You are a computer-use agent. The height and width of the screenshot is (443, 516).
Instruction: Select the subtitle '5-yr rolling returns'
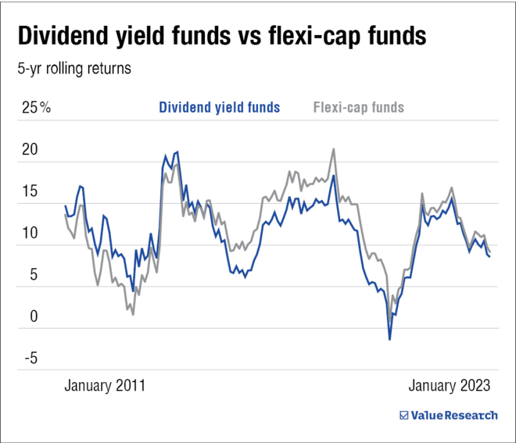[74, 68]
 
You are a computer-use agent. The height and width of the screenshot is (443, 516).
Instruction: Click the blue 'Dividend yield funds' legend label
[219, 107]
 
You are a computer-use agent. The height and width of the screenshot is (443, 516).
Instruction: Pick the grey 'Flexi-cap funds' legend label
[359, 107]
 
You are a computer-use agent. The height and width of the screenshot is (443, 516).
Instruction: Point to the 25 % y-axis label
[36, 108]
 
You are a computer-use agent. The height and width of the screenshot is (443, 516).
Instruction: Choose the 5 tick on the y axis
[33, 275]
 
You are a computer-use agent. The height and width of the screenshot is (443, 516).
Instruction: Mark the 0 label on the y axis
[33, 317]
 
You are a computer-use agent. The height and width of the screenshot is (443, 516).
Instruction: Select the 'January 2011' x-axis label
[105, 385]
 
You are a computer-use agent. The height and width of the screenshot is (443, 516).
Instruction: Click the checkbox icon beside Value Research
[403, 415]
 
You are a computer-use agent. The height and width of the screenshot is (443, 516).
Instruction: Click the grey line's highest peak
[334, 149]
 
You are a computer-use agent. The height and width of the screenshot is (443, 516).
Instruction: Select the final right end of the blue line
[490, 256]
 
